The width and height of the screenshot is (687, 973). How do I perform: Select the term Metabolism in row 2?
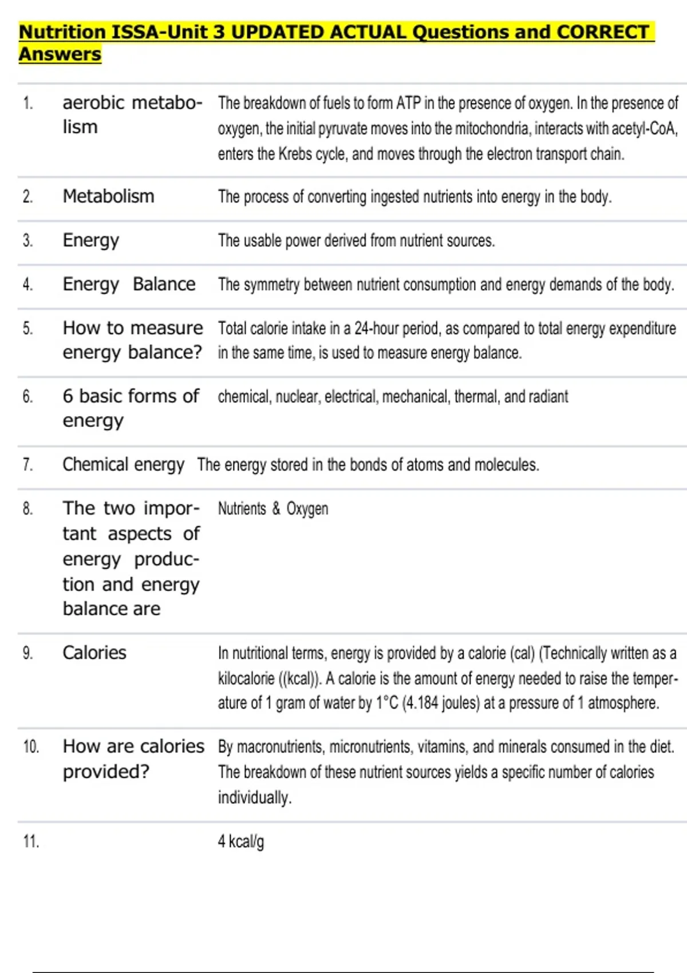[108, 196]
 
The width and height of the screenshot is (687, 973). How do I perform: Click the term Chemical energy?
[123, 464]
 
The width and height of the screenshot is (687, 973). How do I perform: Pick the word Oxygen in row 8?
[307, 509]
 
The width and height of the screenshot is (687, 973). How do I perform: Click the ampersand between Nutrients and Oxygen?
[276, 509]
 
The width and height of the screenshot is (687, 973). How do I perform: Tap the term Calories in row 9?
[94, 652]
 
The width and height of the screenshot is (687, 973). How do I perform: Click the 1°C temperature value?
[387, 703]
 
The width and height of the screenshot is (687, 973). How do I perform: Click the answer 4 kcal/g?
[240, 841]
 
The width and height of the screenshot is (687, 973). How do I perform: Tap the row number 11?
[31, 841]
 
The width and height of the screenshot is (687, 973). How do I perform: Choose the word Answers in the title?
[60, 54]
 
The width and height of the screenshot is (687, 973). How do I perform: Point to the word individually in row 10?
[254, 797]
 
